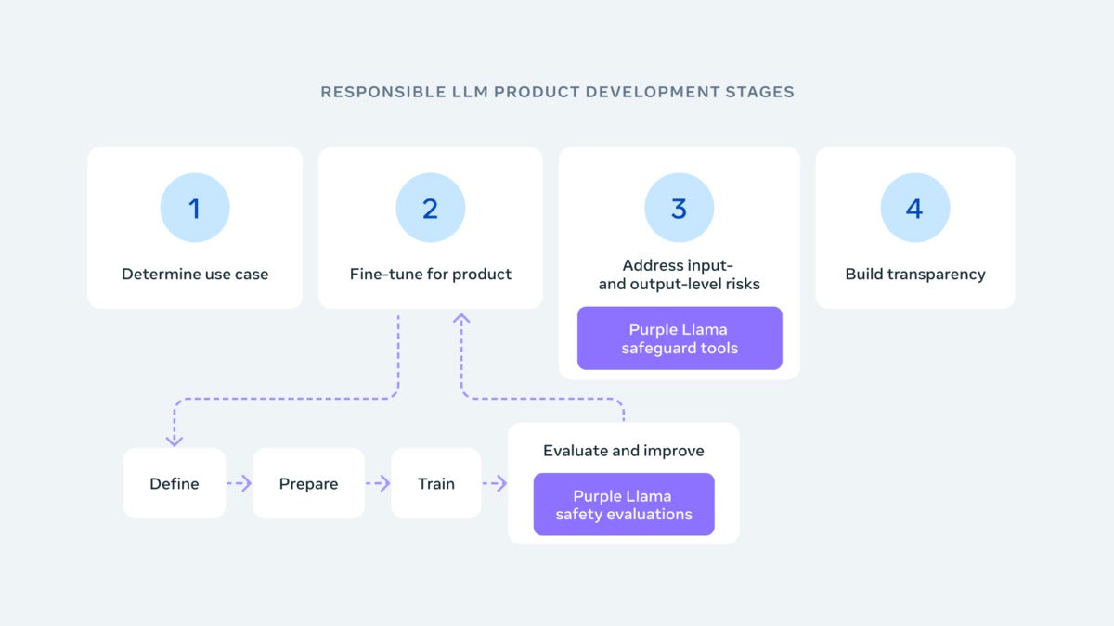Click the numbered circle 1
[x=195, y=208]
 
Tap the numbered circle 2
[x=430, y=208]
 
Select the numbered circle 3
[x=679, y=208]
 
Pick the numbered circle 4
[x=914, y=208]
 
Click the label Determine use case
[x=195, y=274]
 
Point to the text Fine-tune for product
[x=431, y=274]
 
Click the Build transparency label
[x=915, y=274]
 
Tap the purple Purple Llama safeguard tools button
[x=680, y=339]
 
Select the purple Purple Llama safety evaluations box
[x=624, y=505]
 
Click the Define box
[x=175, y=483]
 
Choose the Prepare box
[x=308, y=483]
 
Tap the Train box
[x=436, y=483]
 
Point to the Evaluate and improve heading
[x=624, y=451]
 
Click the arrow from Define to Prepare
[x=240, y=483]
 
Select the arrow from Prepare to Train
[x=378, y=483]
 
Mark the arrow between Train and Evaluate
[x=495, y=483]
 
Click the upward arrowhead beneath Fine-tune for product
[x=461, y=319]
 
